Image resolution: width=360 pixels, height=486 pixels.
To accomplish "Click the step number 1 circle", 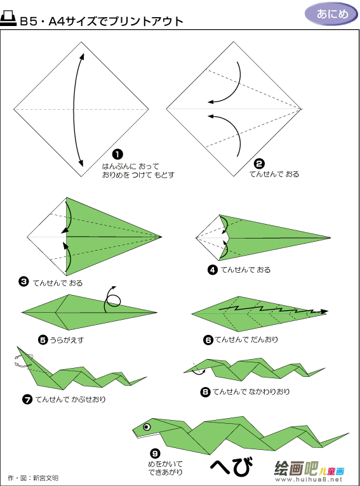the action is (x=117, y=154).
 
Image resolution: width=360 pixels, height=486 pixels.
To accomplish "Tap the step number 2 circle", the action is (x=259, y=164).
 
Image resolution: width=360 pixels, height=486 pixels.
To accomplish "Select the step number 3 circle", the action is (x=23, y=282).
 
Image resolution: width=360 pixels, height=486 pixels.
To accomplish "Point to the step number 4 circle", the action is (x=213, y=270).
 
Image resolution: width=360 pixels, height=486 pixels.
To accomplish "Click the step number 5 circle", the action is (x=43, y=339).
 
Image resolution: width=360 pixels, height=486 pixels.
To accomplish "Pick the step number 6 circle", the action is (x=208, y=339).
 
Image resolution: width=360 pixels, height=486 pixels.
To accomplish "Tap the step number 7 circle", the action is (x=27, y=399).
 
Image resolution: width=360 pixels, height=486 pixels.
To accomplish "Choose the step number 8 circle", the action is (x=205, y=392).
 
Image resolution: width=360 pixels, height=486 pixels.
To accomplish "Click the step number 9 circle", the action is (x=155, y=454).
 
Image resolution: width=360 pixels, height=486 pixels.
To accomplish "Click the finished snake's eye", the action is (x=147, y=427).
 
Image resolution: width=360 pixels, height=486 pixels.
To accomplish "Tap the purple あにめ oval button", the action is (x=331, y=13).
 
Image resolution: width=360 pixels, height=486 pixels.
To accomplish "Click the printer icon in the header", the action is (x=8, y=18).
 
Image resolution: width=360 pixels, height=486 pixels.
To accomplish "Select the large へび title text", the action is (x=231, y=466).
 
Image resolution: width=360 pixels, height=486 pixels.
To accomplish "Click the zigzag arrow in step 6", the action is (x=274, y=309).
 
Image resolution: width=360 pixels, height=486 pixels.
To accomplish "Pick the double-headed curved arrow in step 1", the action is (x=74, y=110).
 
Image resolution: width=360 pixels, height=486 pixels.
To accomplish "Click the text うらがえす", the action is (x=67, y=340).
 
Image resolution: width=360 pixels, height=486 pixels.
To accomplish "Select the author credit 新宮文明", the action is (x=46, y=478).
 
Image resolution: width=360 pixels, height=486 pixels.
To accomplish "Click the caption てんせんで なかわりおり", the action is (x=251, y=392).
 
